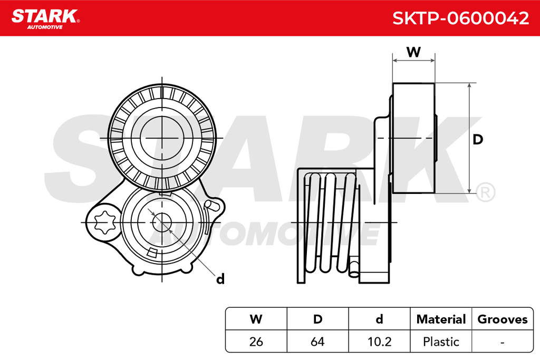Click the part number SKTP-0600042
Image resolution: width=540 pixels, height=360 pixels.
tap(460, 18)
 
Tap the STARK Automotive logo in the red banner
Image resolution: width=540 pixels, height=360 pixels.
tap(45, 20)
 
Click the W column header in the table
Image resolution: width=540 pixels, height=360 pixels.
tap(256, 319)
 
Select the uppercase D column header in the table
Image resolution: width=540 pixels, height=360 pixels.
tap(317, 319)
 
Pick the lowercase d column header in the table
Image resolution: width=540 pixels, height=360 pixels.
tap(379, 319)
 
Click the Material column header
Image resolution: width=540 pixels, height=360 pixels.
tap(441, 319)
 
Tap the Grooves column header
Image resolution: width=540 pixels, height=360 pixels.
tap(503, 319)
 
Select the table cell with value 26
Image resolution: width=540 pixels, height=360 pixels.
tap(256, 342)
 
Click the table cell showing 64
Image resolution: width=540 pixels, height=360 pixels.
tap(317, 342)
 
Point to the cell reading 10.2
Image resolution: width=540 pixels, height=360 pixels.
tap(379, 342)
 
